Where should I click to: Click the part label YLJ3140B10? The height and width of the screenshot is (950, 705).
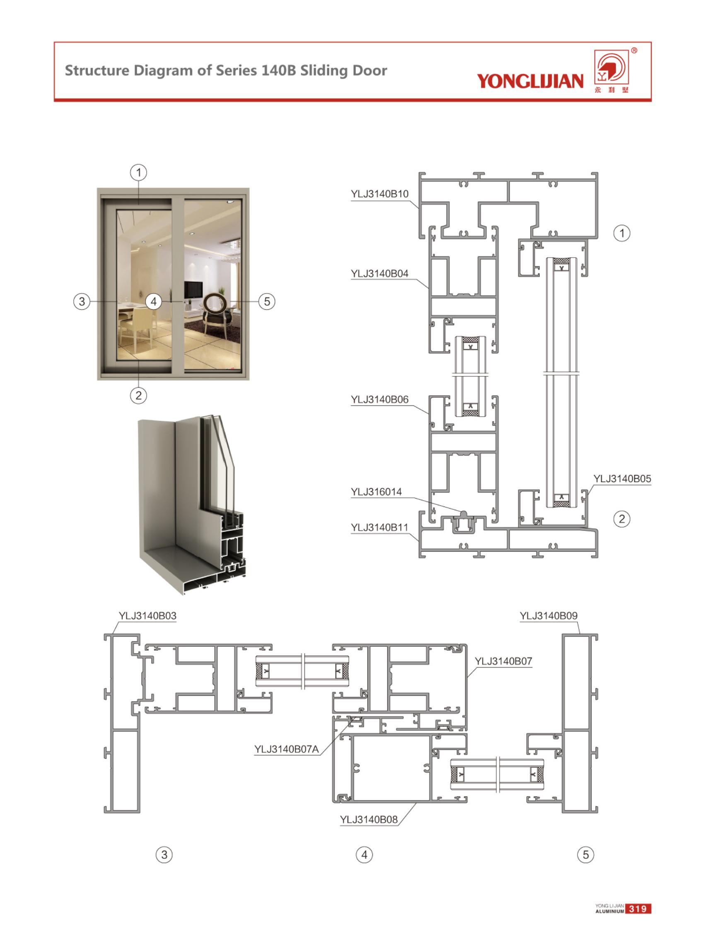(x=379, y=194)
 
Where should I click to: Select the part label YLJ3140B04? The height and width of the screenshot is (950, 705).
(x=379, y=273)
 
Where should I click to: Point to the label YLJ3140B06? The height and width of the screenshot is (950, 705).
(x=379, y=400)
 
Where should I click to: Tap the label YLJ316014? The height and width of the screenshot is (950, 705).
(x=376, y=492)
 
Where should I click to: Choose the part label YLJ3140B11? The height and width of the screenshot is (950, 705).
(x=379, y=528)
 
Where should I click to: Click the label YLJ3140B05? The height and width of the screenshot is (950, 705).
(x=622, y=479)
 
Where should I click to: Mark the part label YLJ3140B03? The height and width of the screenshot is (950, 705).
(x=147, y=615)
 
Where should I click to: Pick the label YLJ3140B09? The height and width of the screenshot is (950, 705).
(x=548, y=615)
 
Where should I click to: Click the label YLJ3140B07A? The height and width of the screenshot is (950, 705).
(x=286, y=749)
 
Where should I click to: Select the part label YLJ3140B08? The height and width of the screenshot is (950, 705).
(x=369, y=820)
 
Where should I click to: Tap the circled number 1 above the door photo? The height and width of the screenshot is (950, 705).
(x=138, y=173)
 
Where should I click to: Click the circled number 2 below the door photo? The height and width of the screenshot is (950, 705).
(x=138, y=395)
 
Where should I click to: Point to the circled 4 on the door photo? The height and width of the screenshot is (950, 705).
(x=154, y=301)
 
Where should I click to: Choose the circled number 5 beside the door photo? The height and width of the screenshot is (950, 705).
(x=267, y=301)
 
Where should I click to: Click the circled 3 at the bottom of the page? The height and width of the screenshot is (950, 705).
(x=164, y=854)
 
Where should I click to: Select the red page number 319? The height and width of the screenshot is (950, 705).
(x=637, y=909)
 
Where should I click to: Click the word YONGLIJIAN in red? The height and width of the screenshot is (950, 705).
(x=530, y=81)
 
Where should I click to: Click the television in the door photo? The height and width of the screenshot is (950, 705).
(x=193, y=289)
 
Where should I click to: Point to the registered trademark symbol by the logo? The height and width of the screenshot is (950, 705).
(x=634, y=51)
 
